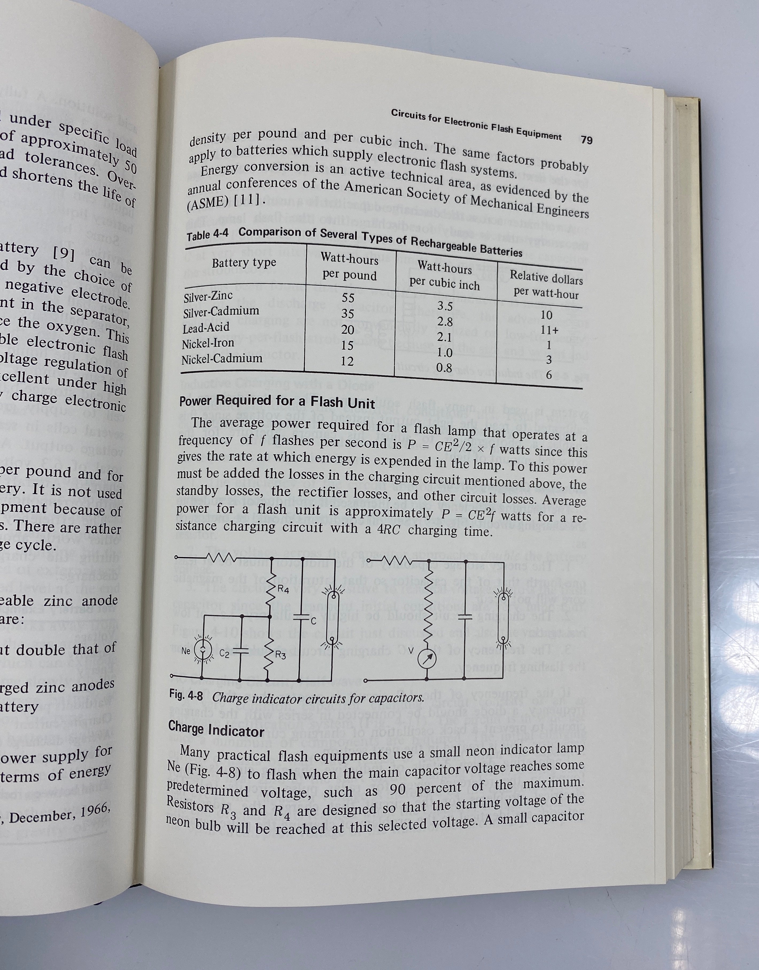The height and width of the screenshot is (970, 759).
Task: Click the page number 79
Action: tap(587, 140)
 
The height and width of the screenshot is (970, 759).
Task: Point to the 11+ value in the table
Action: tap(549, 330)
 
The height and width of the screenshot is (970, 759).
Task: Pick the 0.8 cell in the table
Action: tap(444, 368)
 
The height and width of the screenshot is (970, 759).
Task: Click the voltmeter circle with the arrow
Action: tap(427, 659)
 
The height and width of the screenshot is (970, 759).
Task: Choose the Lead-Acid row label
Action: tap(206, 328)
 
